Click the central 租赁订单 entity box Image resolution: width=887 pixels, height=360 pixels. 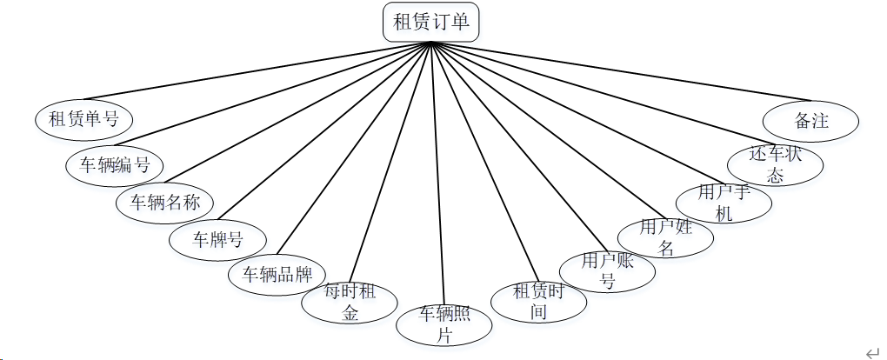pos(431,22)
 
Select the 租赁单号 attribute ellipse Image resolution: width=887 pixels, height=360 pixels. pos(83,119)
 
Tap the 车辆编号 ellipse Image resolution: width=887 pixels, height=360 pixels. pos(115,164)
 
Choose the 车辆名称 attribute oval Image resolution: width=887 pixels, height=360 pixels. pos(165,203)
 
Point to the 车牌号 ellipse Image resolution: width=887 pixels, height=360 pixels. pos(217,239)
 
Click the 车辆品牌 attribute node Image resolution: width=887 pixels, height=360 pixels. pos(277,275)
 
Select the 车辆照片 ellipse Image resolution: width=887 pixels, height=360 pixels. pos(444,323)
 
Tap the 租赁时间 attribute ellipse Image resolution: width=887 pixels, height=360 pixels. pos(538,302)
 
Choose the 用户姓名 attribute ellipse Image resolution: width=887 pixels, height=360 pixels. pos(665,236)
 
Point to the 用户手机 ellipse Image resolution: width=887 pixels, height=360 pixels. pos(723,202)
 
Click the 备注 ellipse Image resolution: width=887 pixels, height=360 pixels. pos(810,121)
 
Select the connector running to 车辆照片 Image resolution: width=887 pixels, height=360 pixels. pos(437,174)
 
